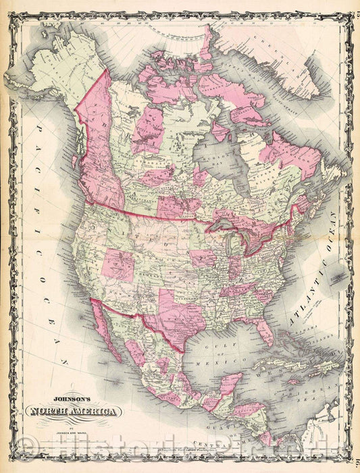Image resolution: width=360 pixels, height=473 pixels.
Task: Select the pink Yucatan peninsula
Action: [x=230, y=385]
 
